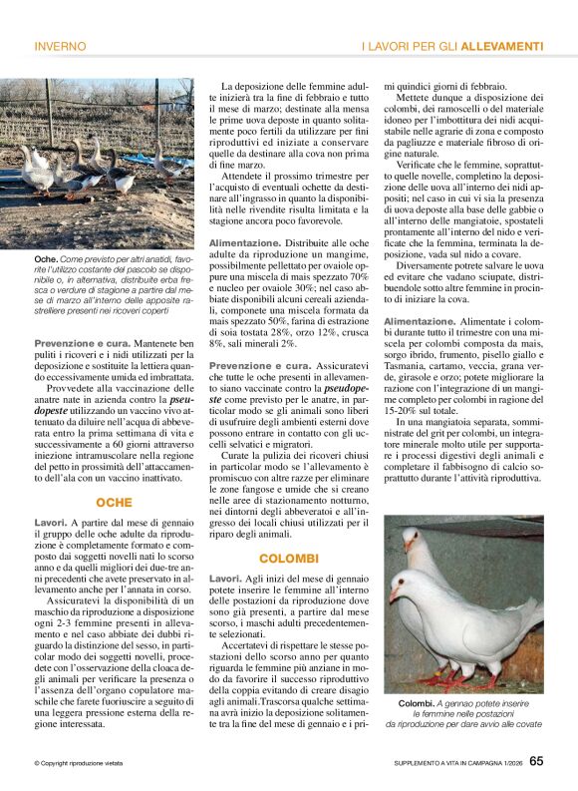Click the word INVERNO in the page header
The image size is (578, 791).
coord(60,46)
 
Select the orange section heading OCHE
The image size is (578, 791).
coord(114,502)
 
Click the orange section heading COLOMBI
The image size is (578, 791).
coord(288,558)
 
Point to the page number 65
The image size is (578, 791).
coord(536,761)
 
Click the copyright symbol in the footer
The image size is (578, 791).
coord(37,763)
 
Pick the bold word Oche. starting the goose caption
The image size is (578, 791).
coord(47,258)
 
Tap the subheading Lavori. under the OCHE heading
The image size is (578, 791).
coord(51,522)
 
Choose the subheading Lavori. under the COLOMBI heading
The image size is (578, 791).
coord(225,579)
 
